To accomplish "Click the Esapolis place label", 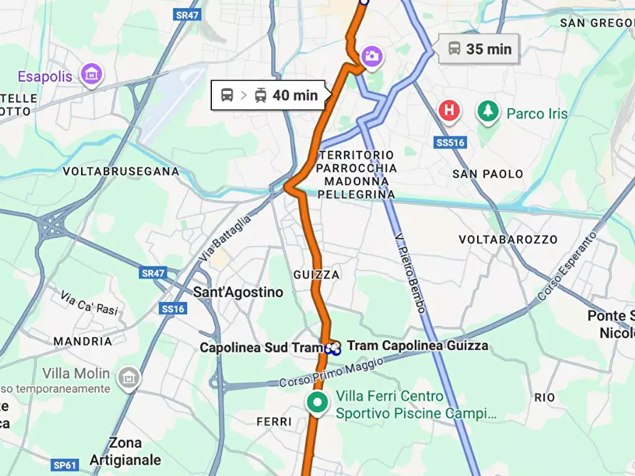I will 45,76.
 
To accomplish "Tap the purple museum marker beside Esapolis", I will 91,73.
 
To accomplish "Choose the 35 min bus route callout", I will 479,49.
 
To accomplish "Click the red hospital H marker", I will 449,111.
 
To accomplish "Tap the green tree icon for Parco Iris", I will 487,112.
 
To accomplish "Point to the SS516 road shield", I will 449,143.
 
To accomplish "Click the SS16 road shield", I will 173,308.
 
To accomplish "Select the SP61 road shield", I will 65,465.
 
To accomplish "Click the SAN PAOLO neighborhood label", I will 488,174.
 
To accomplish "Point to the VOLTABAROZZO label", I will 508,239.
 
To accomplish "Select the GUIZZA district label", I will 316,274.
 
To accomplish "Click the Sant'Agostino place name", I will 238,292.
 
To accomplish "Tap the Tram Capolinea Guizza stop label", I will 417,346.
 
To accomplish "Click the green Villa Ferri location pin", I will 317,402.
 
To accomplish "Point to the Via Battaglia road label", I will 225,238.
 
